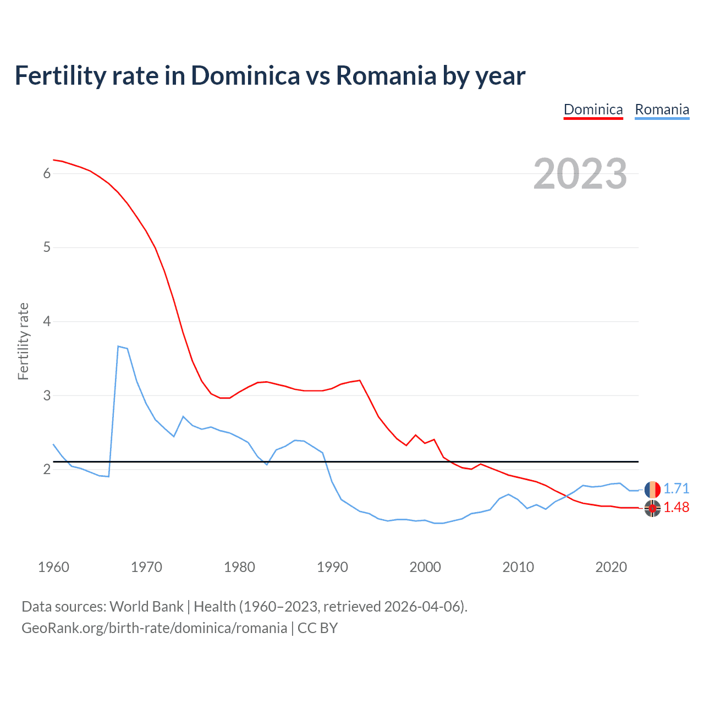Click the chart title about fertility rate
click(x=269, y=76)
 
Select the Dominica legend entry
click(x=593, y=109)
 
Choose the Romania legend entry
click(x=662, y=109)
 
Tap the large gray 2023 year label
click(x=580, y=174)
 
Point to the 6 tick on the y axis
click(x=47, y=174)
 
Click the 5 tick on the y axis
click(x=47, y=248)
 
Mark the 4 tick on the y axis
click(x=47, y=321)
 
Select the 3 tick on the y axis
click(x=47, y=395)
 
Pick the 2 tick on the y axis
click(x=47, y=469)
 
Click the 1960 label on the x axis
click(x=53, y=567)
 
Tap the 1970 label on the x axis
click(x=146, y=567)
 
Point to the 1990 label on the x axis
click(x=332, y=567)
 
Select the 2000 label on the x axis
click(x=425, y=567)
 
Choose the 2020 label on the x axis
click(x=611, y=567)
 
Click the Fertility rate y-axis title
click(x=23, y=341)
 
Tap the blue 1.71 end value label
click(x=676, y=489)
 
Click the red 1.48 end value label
click(x=676, y=508)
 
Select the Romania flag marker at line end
click(x=652, y=489)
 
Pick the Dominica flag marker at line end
click(x=652, y=509)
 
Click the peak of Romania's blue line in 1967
click(x=118, y=346)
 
